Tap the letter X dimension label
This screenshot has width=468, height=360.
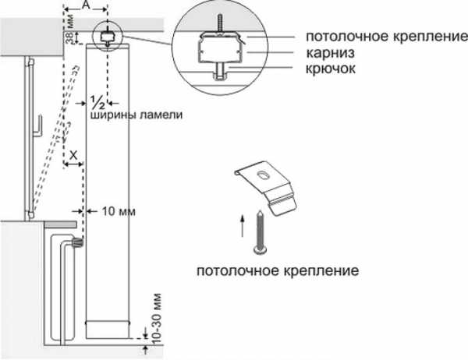coord(73,156)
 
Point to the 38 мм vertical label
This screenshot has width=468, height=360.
coord(68,34)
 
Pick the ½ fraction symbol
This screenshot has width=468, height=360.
coord(97,102)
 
